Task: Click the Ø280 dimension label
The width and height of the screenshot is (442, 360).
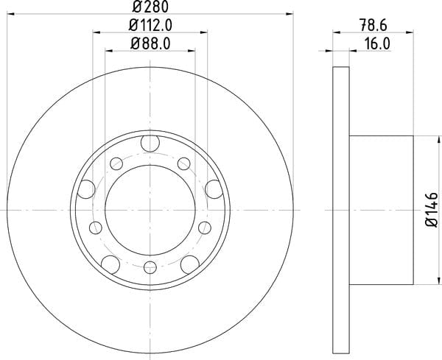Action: [x=150, y=6]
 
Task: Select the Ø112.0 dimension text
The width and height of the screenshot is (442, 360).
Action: [x=150, y=25]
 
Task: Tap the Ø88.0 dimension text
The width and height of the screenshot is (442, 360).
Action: [x=150, y=44]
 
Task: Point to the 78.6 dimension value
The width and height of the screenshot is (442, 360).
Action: [x=373, y=25]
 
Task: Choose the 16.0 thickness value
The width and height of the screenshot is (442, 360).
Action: [x=377, y=44]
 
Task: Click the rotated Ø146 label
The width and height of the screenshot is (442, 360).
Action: [x=432, y=210]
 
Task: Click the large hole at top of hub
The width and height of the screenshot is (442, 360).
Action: [x=150, y=143]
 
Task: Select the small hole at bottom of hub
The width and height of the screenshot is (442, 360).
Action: [x=150, y=267]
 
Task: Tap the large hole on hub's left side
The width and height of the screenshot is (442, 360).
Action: [x=86, y=189]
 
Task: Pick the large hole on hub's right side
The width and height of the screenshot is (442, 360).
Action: [x=214, y=189]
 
